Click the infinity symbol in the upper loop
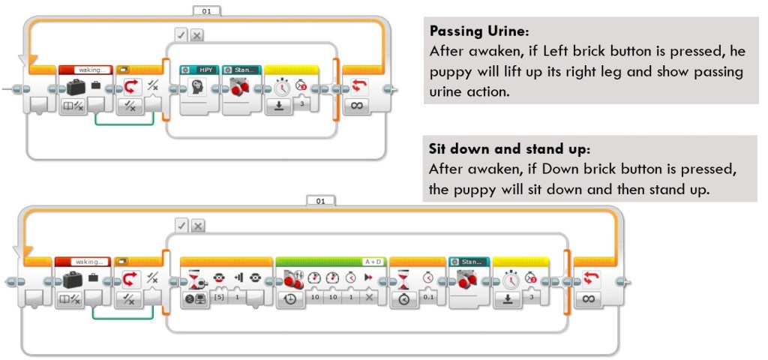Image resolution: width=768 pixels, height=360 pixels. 358,106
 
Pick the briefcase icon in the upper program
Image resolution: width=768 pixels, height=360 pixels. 76,87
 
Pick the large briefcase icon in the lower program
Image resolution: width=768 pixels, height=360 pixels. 73,280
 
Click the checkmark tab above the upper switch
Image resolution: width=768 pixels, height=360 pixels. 181,34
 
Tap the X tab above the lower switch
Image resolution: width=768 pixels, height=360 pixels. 198,226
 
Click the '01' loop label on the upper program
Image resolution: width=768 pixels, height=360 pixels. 206,10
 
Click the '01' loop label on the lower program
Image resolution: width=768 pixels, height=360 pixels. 320,201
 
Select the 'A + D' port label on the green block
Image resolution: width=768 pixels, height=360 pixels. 373,262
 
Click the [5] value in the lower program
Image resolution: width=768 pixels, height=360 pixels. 220,298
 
